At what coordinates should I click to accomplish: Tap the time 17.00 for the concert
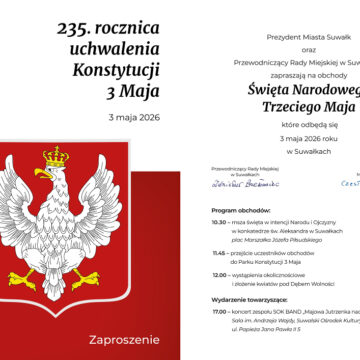[x=220, y=310]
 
